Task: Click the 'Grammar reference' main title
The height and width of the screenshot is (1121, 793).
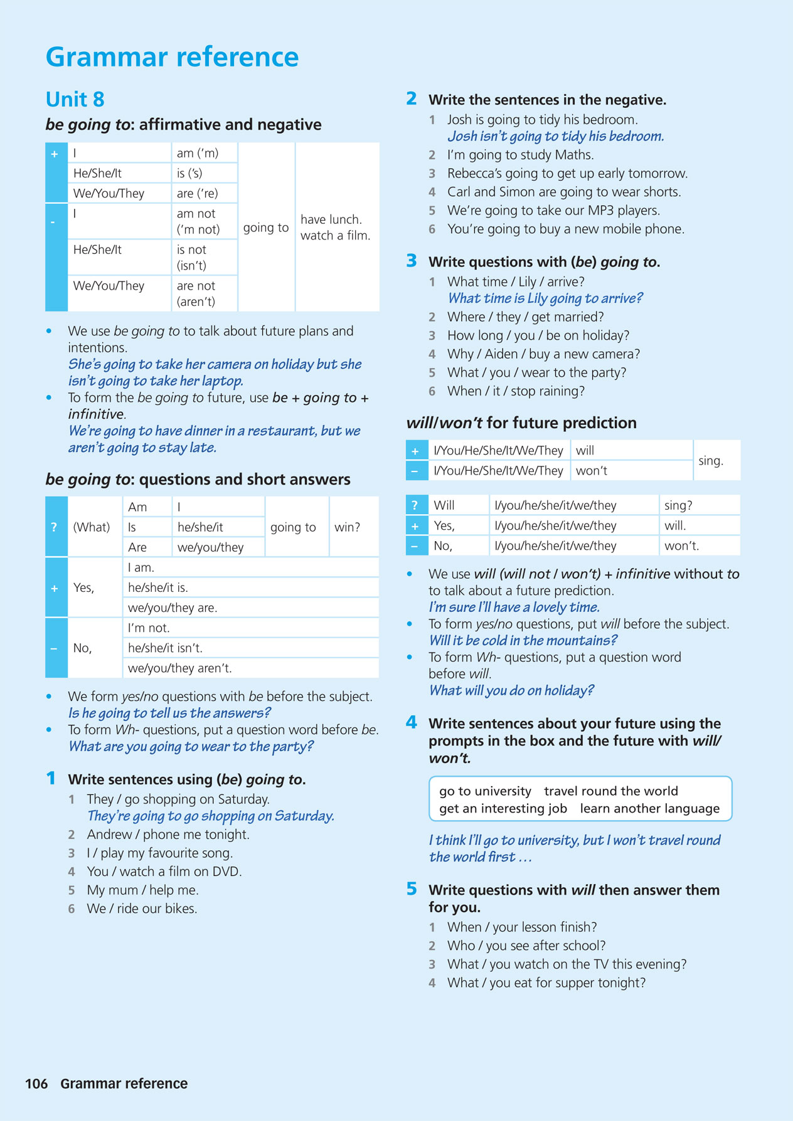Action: (172, 57)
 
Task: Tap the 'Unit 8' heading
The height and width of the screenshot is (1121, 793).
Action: (75, 99)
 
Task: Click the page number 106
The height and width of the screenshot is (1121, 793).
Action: (36, 1083)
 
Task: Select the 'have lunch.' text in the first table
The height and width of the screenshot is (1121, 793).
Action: (331, 219)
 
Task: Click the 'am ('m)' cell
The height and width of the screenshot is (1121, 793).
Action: (198, 153)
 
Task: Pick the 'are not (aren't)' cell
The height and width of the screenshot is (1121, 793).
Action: (196, 293)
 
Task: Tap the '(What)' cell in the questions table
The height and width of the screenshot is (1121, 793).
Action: (92, 527)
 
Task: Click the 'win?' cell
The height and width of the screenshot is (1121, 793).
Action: (348, 527)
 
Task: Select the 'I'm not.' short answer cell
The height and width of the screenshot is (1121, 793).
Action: (149, 628)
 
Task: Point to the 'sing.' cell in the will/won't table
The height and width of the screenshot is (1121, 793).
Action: (711, 460)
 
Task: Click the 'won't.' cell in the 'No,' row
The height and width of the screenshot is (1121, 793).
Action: (681, 545)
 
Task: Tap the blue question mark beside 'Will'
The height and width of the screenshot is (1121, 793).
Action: (415, 505)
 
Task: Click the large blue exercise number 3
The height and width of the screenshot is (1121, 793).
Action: (412, 261)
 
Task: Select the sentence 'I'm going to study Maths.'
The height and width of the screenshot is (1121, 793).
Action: (520, 155)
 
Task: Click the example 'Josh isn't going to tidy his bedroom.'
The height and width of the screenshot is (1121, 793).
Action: (555, 137)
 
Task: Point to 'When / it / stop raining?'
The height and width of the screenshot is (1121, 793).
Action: (516, 391)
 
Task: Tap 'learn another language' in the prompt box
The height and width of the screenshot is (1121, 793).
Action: (649, 808)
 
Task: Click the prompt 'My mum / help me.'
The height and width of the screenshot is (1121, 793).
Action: (142, 890)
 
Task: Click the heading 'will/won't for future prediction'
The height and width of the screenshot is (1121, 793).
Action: (521, 423)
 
